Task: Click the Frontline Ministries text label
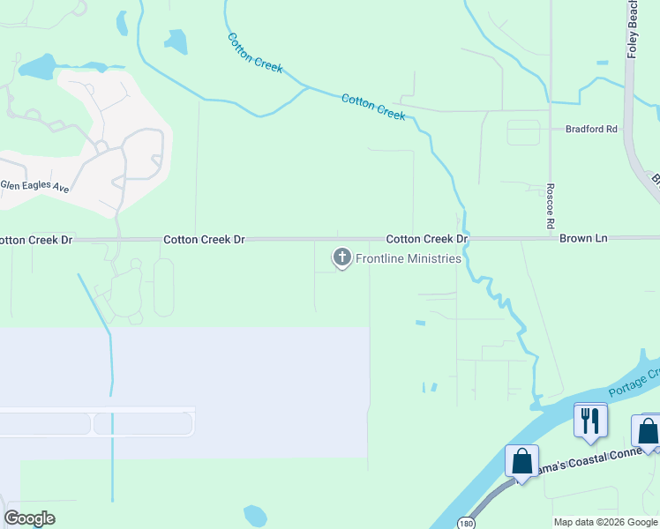(x=408, y=258)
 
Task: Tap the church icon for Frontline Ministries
(x=341, y=257)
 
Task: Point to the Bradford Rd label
(x=591, y=129)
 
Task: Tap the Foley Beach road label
(x=632, y=29)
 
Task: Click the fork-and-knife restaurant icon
(x=589, y=420)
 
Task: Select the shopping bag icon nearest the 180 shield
(x=521, y=461)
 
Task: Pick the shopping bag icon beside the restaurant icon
(x=647, y=432)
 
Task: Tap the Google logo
(x=30, y=518)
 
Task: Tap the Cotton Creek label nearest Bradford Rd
(x=373, y=107)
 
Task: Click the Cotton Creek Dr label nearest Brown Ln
(x=426, y=239)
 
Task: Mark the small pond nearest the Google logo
(x=255, y=515)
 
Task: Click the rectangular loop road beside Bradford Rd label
(x=523, y=132)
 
